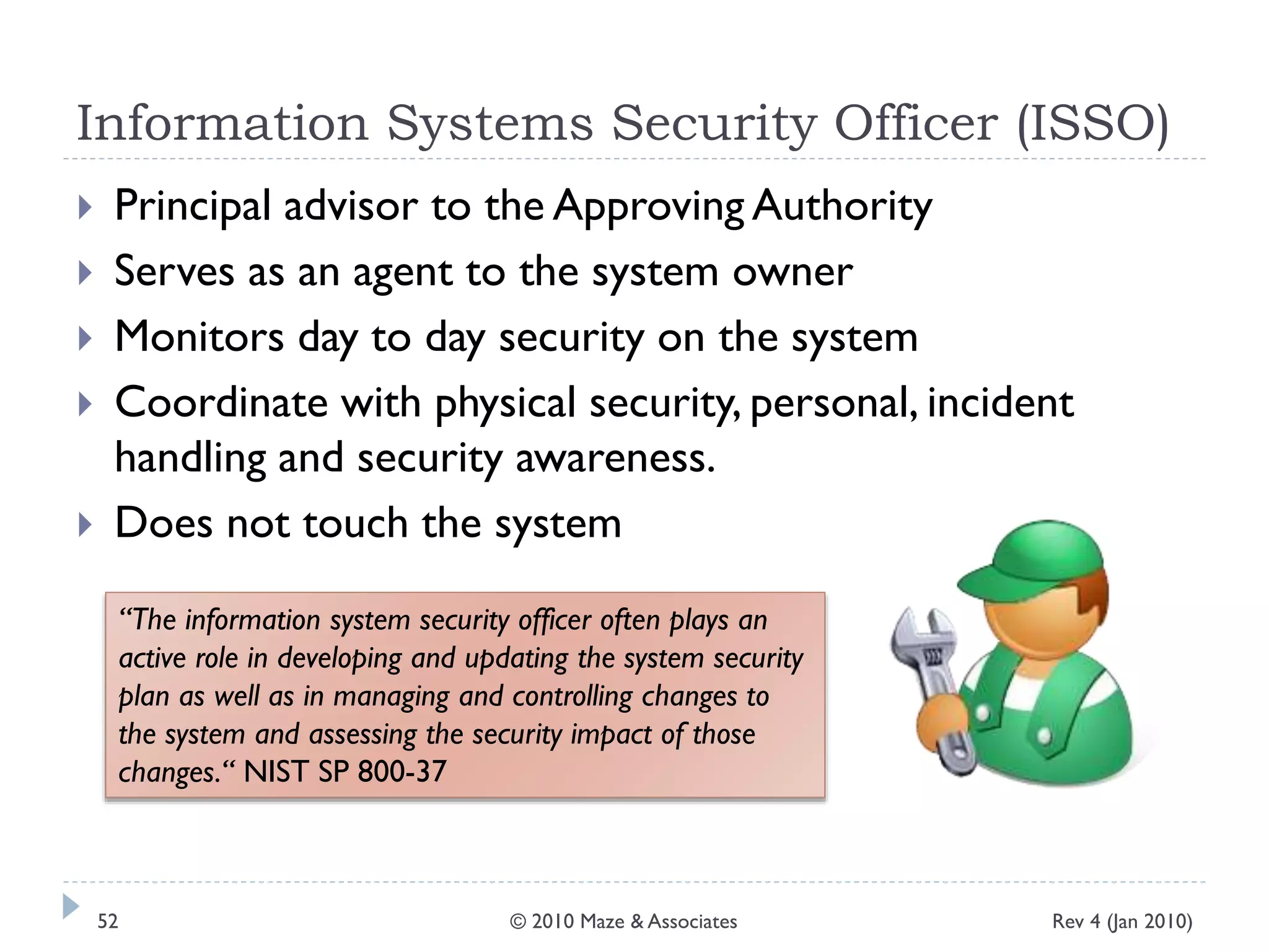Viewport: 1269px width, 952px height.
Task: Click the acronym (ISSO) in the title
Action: pos(1092,124)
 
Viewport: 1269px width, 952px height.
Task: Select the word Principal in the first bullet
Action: pos(193,206)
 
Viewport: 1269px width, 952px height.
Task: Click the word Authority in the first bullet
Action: pos(843,206)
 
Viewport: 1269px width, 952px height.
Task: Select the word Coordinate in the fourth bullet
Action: pos(221,403)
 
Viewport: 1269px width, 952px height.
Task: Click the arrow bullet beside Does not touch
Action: pos(86,525)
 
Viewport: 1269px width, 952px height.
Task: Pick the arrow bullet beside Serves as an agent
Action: pos(86,273)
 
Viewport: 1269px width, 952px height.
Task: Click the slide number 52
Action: pos(108,922)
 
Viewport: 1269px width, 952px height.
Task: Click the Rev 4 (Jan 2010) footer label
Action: pos(1122,922)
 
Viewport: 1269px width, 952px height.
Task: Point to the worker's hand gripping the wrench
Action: pos(942,722)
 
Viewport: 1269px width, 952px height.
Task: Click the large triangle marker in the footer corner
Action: pos(71,906)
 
